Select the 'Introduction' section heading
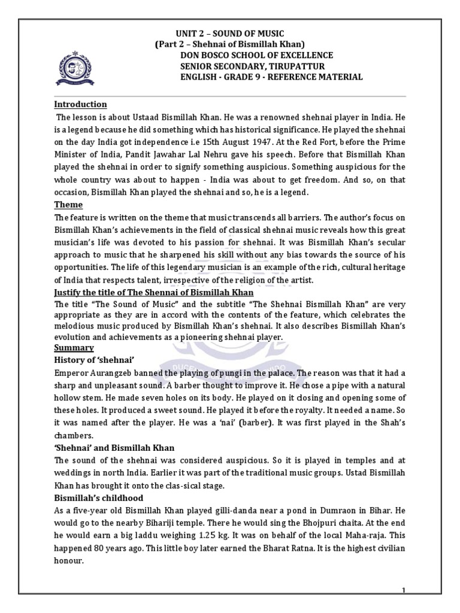point(81,104)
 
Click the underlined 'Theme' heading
point(68,205)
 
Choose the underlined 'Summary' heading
point(74,347)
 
